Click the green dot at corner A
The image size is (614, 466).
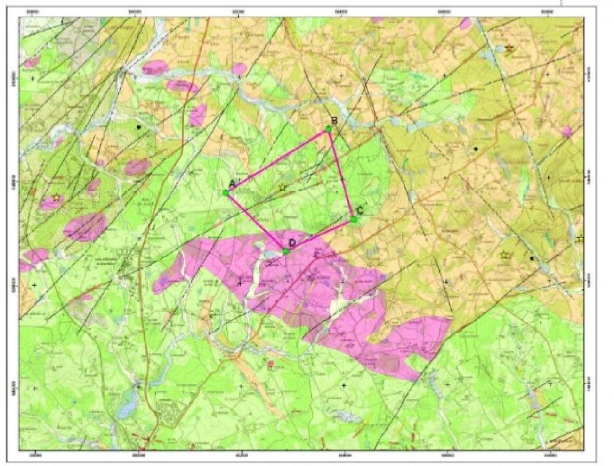[x=226, y=192]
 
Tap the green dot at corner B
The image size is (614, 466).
[x=328, y=129]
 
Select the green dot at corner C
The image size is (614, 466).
[x=354, y=219]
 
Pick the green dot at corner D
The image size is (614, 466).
[x=286, y=251]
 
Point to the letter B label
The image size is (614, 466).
[x=334, y=121]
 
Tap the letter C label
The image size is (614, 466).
[x=360, y=211]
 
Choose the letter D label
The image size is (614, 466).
[x=292, y=242]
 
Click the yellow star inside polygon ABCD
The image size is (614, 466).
[x=282, y=187]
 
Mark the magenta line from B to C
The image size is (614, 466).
[x=341, y=174]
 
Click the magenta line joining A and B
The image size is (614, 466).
[x=277, y=160]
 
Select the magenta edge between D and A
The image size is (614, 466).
[x=256, y=222]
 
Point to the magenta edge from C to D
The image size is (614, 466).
[x=320, y=235]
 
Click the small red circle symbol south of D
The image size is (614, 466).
[x=270, y=364]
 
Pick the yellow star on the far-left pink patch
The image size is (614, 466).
[x=57, y=198]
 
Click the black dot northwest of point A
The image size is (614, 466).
[x=139, y=127]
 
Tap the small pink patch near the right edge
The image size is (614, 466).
[x=568, y=131]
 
